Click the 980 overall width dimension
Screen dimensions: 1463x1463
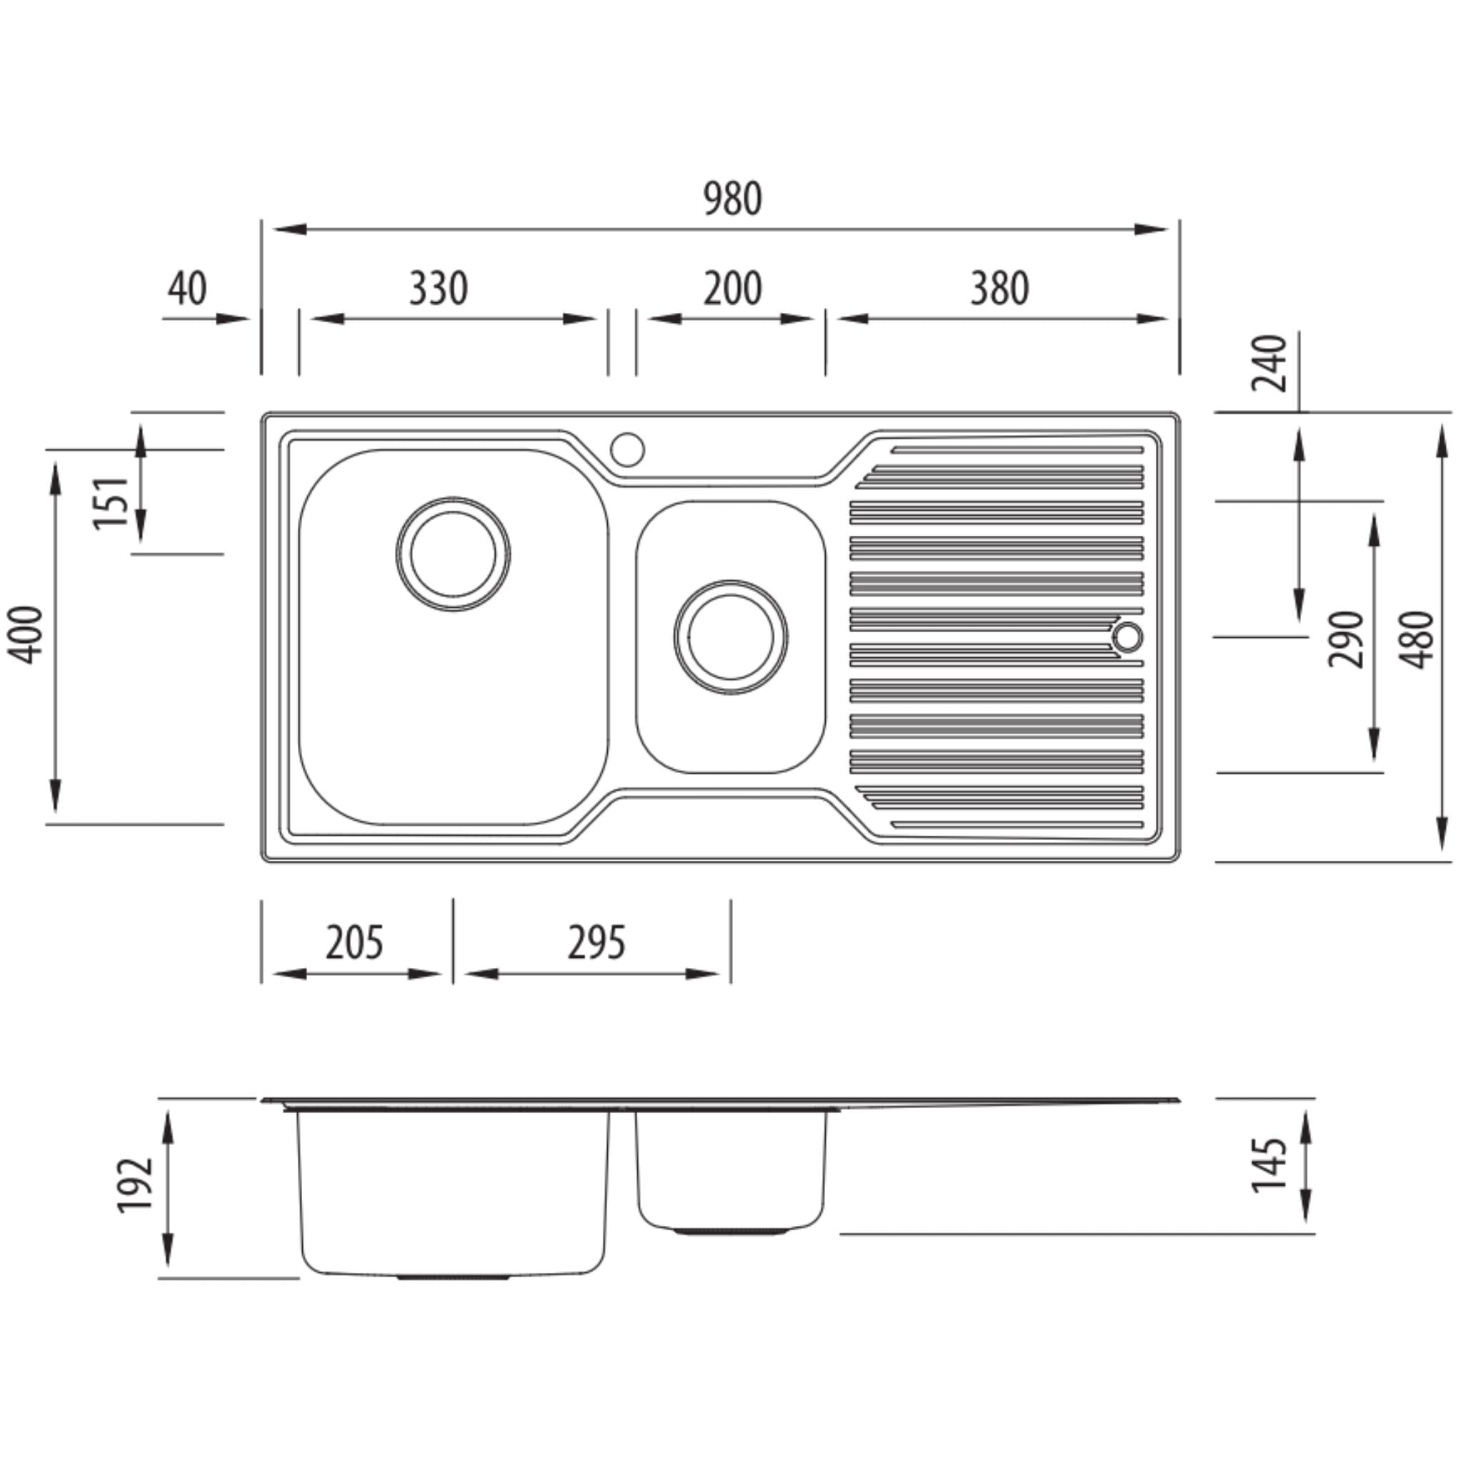tap(732, 199)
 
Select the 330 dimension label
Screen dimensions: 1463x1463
tap(439, 289)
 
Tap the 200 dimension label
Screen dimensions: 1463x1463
tap(732, 289)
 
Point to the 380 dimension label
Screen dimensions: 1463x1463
tap(999, 289)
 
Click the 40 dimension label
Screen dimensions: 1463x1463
tap(187, 289)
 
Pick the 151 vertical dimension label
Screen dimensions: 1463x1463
tap(111, 503)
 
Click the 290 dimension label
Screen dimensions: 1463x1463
tap(1346, 639)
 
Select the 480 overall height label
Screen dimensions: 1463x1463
tap(1417, 639)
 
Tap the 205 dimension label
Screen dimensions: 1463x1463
tap(354, 943)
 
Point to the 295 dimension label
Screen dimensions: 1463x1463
tap(596, 943)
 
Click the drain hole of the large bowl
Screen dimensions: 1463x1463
tap(453, 554)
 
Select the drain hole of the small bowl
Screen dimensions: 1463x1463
tap(731, 636)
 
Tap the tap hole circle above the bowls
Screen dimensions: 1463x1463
tap(628, 449)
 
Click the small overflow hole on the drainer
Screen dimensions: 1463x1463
tap(1127, 636)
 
